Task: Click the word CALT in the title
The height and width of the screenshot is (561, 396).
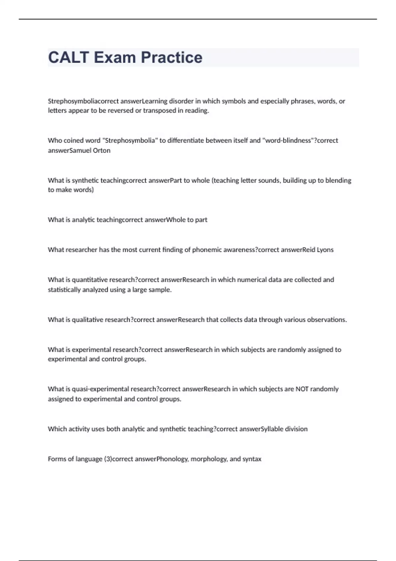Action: tap(69, 57)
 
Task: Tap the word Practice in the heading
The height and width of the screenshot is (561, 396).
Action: tap(172, 57)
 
